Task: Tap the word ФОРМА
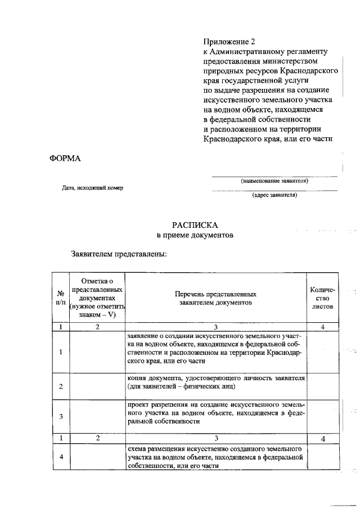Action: point(66,158)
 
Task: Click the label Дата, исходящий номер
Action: point(92,188)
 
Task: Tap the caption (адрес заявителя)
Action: point(274,196)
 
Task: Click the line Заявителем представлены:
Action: point(119,254)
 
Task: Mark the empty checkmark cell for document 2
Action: point(97,386)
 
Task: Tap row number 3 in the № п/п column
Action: point(60,416)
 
